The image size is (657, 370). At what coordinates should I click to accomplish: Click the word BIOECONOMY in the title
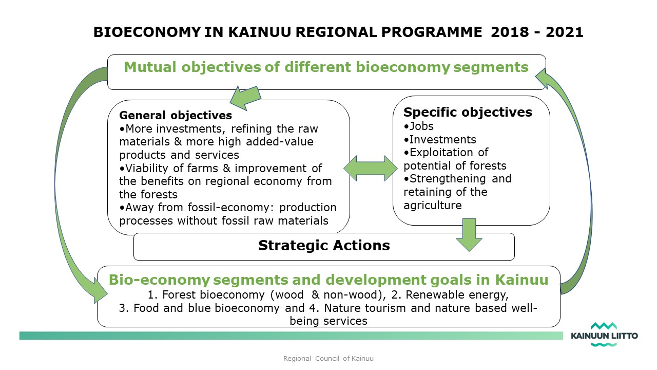point(147,32)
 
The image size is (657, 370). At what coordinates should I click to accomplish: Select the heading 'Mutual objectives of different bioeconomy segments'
point(326,67)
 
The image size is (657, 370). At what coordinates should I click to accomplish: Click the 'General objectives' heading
point(176,115)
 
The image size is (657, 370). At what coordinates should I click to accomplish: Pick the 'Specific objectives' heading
point(468,112)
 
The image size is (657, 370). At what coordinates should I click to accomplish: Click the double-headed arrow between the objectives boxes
point(371,168)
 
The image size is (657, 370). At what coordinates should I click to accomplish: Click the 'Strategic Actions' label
point(324,246)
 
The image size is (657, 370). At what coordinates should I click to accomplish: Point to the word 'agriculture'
point(433,205)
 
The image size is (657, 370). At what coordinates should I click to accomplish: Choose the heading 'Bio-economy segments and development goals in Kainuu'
point(328,280)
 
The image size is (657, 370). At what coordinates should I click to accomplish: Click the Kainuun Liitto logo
point(604,335)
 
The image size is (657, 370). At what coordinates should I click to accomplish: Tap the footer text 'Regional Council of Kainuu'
point(328,359)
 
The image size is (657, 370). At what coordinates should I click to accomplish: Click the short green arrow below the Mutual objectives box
point(245,98)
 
